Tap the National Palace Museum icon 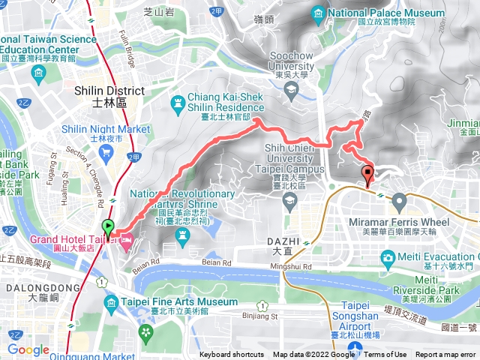[x=318, y=13]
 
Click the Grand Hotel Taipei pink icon [x=127, y=239]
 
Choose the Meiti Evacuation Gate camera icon [x=388, y=259]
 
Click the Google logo [x=28, y=349]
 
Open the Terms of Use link [x=385, y=355]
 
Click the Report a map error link [x=446, y=355]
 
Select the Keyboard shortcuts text [x=231, y=355]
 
